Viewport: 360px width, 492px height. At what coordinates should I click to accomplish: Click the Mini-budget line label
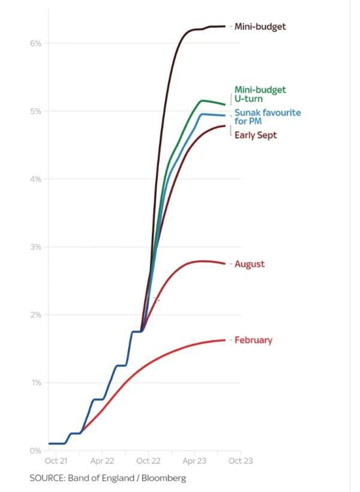(260, 26)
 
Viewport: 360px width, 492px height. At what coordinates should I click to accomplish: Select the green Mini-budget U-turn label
(260, 94)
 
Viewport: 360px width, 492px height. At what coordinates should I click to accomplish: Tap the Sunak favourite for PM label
(268, 116)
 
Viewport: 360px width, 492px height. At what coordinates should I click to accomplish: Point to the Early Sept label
(256, 136)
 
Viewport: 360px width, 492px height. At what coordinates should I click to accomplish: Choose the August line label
(249, 264)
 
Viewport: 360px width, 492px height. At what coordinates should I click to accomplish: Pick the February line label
(253, 340)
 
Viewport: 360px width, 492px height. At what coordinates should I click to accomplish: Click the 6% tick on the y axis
(36, 43)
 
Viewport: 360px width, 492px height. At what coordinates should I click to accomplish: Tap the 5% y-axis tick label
(36, 111)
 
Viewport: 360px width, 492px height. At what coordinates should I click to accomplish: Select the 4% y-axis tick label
(36, 179)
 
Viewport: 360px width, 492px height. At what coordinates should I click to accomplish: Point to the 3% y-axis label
(36, 247)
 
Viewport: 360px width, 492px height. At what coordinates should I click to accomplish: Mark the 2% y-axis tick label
(36, 314)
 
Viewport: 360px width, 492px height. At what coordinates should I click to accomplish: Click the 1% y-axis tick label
(36, 382)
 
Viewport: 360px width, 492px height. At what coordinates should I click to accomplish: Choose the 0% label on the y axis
(36, 450)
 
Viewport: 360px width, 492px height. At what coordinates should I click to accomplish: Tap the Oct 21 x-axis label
(55, 461)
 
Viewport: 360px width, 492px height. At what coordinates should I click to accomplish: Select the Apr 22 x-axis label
(102, 461)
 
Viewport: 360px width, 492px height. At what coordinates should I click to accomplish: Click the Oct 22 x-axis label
(148, 461)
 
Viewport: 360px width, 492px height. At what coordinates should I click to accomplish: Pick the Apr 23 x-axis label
(194, 461)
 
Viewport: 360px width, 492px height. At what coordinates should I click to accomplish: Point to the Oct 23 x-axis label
(240, 461)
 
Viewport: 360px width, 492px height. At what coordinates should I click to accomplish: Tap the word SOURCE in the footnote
(47, 478)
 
